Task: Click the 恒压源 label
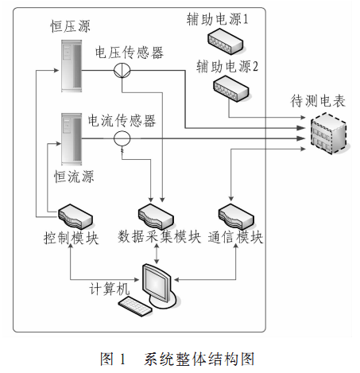(71, 26)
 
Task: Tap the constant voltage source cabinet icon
(72, 66)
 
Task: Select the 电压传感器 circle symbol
(122, 70)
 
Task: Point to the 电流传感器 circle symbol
(122, 138)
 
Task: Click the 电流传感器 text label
(122, 121)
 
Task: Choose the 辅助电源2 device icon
(231, 89)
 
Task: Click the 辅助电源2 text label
(227, 66)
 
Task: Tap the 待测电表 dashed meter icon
(329, 134)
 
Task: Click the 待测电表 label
(318, 101)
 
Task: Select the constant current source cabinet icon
(72, 139)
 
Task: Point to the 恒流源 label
(74, 177)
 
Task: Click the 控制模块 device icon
(75, 216)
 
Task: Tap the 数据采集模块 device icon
(156, 216)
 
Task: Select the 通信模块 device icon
(236, 216)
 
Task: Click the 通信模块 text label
(235, 237)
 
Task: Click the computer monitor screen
(156, 283)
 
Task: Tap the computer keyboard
(135, 306)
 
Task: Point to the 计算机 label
(110, 289)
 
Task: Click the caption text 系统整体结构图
(199, 359)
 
